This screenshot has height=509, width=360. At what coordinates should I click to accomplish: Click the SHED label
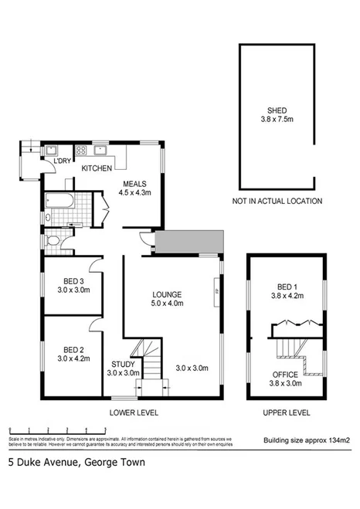point(277,110)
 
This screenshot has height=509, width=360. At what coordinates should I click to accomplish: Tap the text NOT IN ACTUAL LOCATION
point(277,202)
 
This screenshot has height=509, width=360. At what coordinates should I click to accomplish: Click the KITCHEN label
point(98,168)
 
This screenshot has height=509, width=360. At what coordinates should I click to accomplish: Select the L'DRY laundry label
point(63,161)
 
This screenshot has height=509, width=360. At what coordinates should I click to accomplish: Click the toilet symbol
point(53,242)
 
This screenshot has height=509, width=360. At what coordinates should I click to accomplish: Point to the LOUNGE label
point(167,295)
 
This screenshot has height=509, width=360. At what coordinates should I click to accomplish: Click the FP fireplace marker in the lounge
point(216,291)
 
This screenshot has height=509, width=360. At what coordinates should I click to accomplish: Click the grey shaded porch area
point(188,243)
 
